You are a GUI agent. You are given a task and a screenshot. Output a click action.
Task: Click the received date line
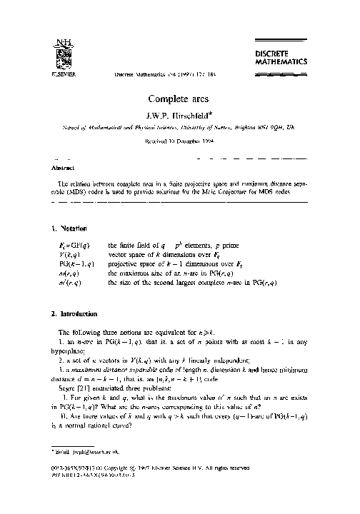point(179,142)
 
